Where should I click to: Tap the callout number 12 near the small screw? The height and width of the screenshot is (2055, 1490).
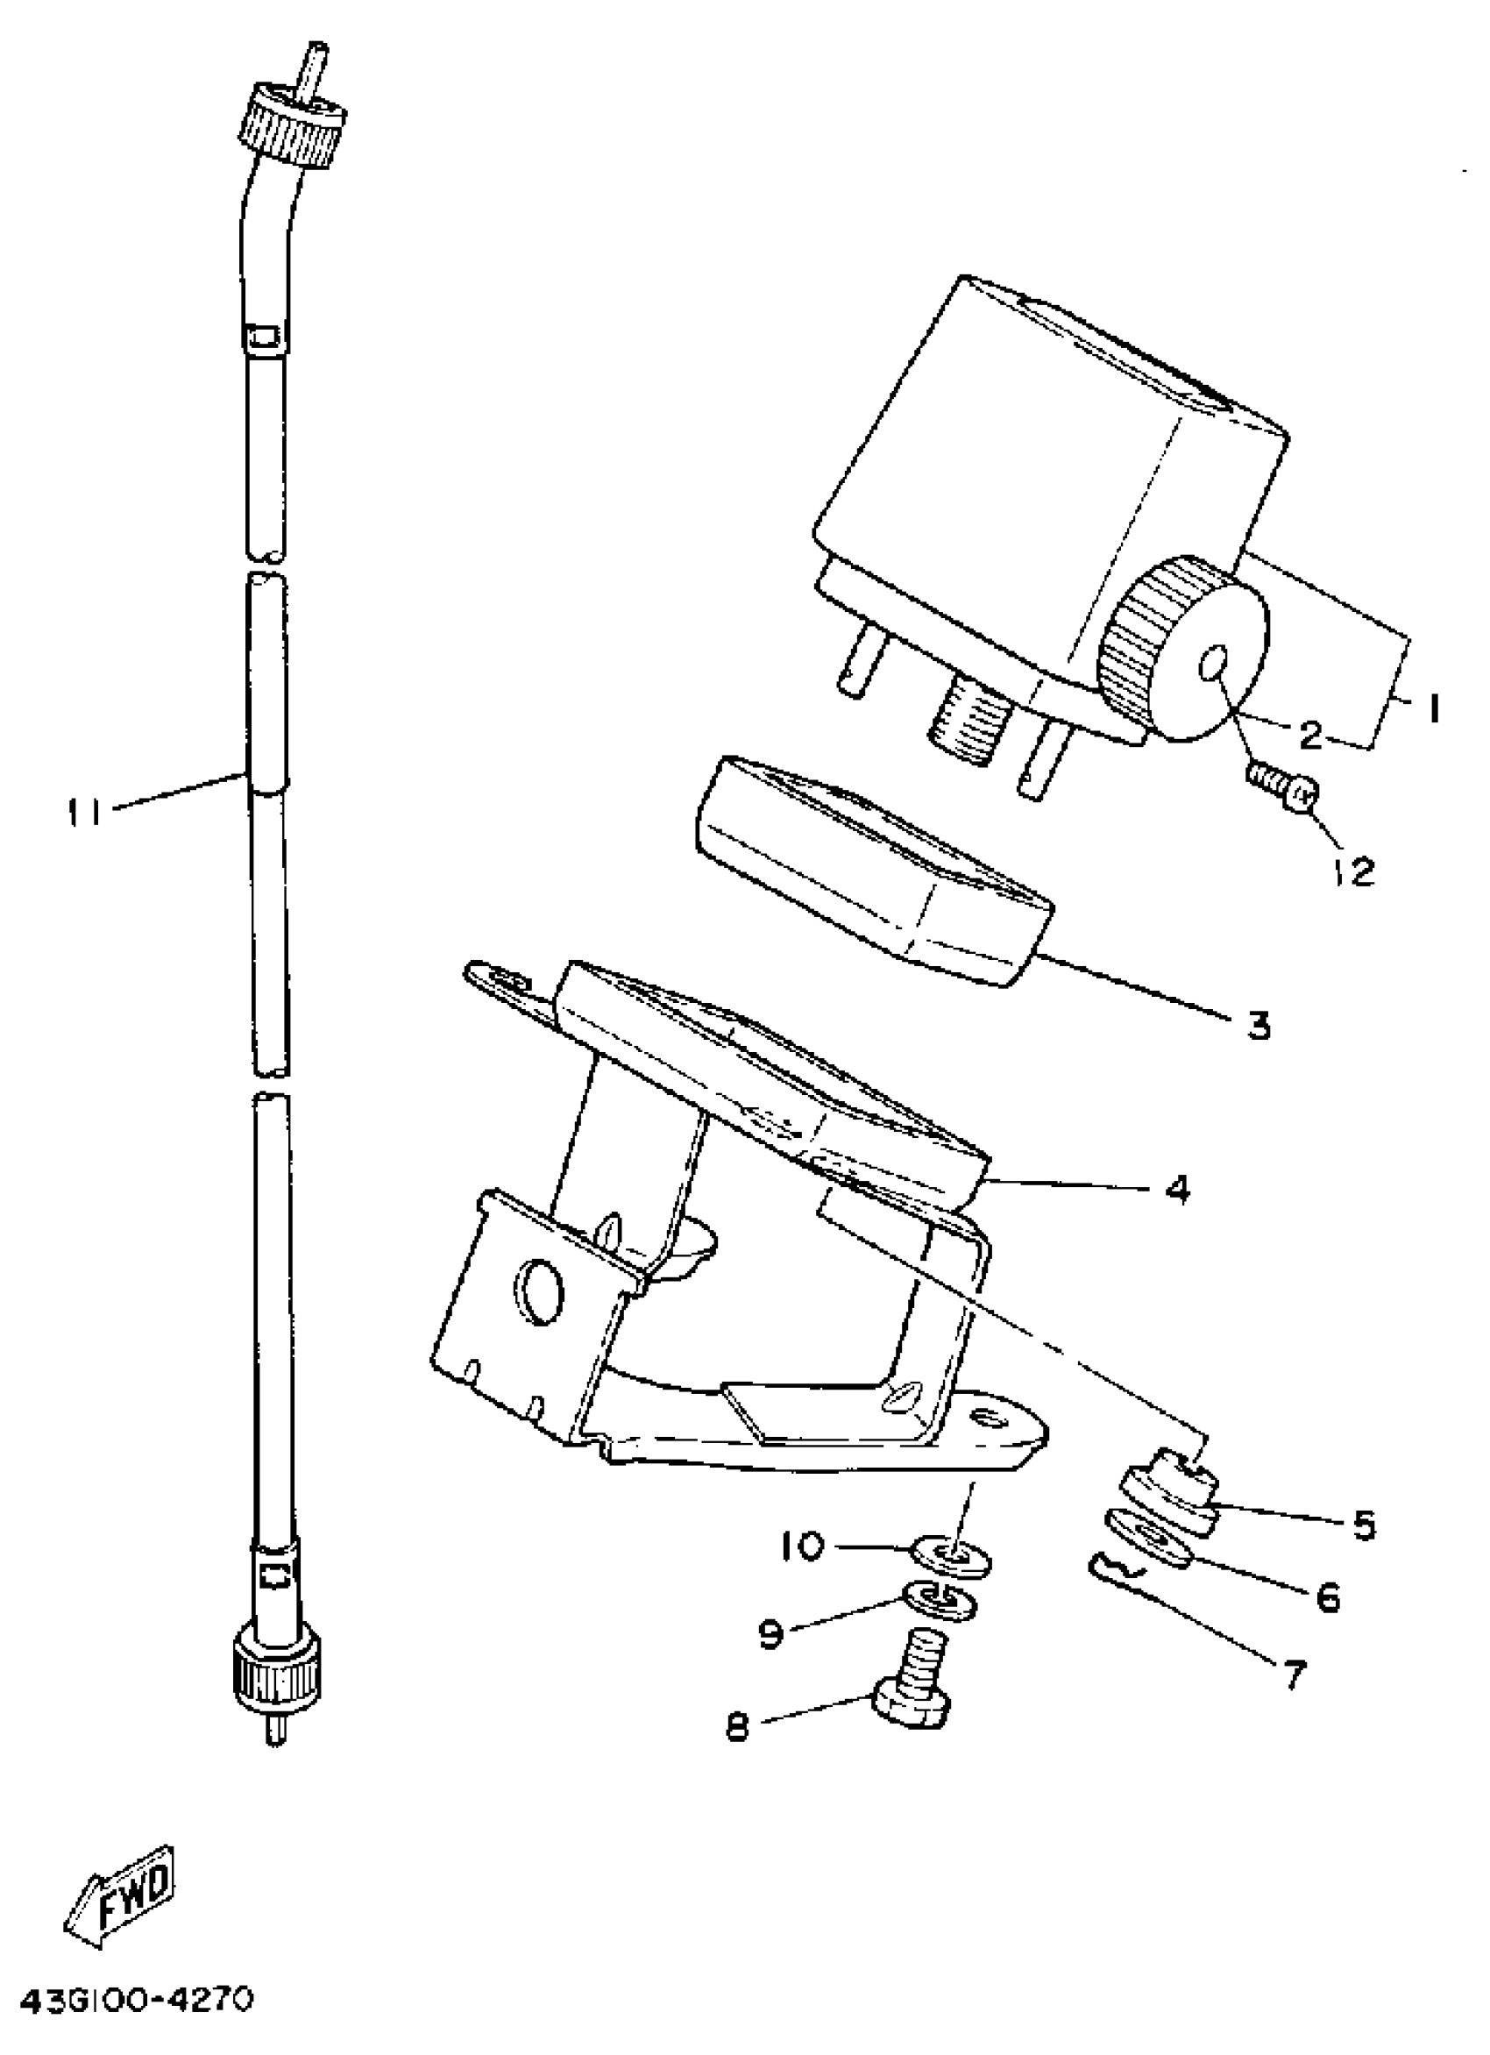[1354, 871]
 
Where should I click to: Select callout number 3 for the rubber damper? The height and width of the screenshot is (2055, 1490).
[1258, 1026]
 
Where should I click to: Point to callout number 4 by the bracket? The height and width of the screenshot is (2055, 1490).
[1176, 1190]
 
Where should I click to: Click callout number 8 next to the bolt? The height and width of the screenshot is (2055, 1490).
[738, 1727]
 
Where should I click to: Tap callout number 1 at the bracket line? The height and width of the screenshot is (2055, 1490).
[1433, 709]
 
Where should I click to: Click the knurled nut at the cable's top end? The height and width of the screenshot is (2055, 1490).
[292, 125]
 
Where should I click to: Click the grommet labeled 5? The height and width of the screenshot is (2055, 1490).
[1168, 1502]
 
